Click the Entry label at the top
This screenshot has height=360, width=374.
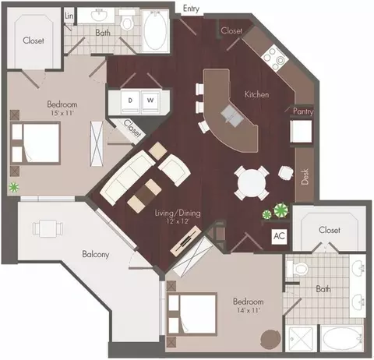click(x=191, y=9)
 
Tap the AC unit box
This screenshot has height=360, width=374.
click(x=280, y=236)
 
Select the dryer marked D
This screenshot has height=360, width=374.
click(x=131, y=102)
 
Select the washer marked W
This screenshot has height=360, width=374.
click(x=150, y=102)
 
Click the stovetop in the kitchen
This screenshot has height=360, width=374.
click(x=275, y=58)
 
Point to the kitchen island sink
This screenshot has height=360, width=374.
click(x=232, y=116)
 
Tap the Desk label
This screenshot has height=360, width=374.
click(x=305, y=177)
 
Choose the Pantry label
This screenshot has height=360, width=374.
click(x=303, y=111)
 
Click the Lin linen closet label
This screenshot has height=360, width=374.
click(x=69, y=16)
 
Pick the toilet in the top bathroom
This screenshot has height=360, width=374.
click(x=127, y=20)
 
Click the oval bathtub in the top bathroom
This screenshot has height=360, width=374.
click(x=155, y=30)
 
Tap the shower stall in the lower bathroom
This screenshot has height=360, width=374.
click(x=301, y=338)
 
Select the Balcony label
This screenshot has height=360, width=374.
click(x=95, y=254)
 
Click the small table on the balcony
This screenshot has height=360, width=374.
click(x=48, y=228)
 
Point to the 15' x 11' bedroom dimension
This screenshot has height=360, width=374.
click(x=62, y=113)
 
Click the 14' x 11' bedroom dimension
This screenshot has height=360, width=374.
click(x=249, y=310)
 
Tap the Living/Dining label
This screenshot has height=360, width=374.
click(x=178, y=213)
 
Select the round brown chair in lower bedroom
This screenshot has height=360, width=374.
click(x=270, y=340)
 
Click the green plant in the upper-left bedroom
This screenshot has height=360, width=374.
click(x=14, y=187)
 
